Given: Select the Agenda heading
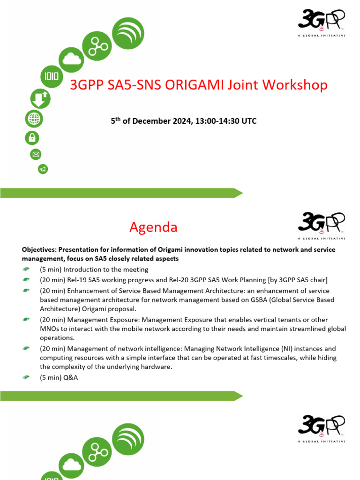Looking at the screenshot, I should [153, 227].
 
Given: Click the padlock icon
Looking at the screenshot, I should [32, 137].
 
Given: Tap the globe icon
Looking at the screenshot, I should [34, 119].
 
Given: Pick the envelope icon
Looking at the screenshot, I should [36, 154].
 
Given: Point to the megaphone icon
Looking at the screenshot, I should [43, 169].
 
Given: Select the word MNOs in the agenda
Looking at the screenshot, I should [51, 329].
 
